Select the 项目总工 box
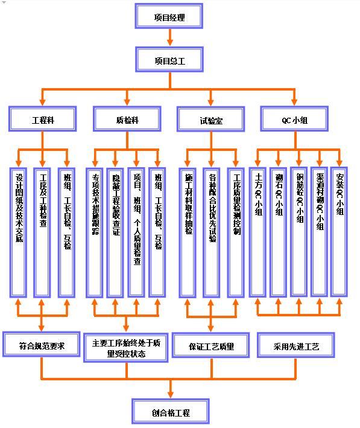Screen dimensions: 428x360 pos(169,60)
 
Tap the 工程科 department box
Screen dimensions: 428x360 pos(42,119)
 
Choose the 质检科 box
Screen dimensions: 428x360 pos(127,119)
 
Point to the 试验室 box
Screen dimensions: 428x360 pos(210,120)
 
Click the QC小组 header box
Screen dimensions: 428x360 pos(294,119)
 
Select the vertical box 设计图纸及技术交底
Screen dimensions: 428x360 pos(19,232)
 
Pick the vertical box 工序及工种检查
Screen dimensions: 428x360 pos(42,232)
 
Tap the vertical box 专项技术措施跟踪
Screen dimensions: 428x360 pos(95,232)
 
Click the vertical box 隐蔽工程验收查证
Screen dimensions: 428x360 pos(115,232)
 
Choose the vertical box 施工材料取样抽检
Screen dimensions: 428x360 pos(188,232)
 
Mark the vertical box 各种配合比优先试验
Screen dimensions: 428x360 pos(212,232)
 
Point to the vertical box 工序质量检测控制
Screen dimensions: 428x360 pos(236,232)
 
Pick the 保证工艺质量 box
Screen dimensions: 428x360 pos(210,346)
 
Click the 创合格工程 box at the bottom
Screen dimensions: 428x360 pos(170,412)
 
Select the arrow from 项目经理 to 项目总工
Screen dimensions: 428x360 pos(169,37)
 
